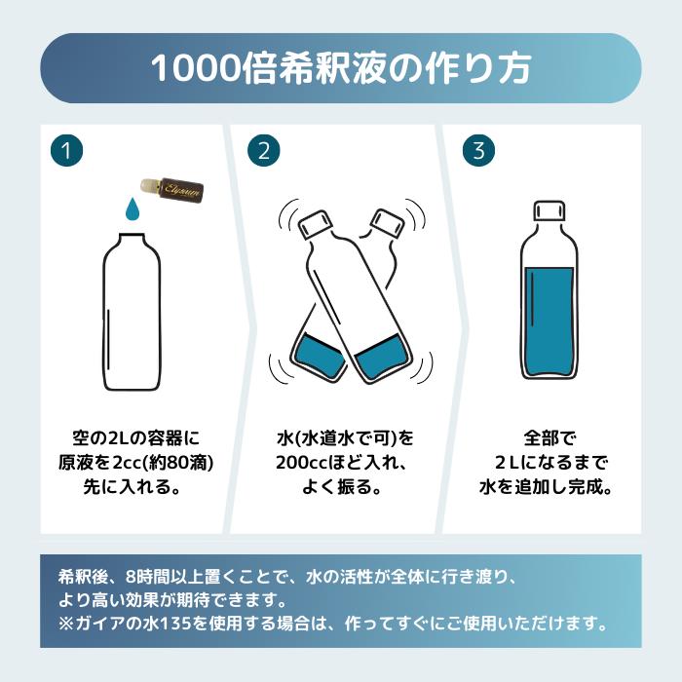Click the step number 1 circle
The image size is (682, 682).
tap(66, 150)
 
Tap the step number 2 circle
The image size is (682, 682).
tap(264, 150)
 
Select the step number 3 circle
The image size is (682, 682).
tap(478, 150)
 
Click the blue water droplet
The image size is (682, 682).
tap(132, 209)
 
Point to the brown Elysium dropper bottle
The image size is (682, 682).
tap(172, 190)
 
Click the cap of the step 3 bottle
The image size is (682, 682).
tap(549, 211)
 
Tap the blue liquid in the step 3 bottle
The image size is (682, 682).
tap(549, 322)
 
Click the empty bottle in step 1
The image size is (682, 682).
tap(132, 312)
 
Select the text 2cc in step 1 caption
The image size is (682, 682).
tap(127, 463)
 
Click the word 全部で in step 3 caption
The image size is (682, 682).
tap(549, 437)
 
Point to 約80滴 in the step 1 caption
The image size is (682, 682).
tap(178, 463)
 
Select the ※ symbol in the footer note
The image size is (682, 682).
tap(65, 625)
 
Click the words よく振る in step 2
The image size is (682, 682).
tap(332, 487)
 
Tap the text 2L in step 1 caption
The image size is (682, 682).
tap(117, 437)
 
